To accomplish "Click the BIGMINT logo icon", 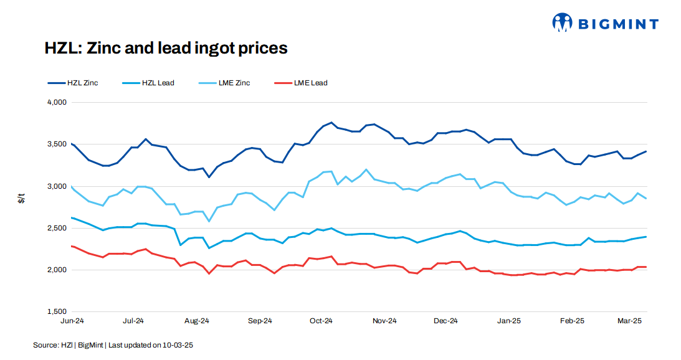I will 562,23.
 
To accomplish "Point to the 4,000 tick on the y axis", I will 57,102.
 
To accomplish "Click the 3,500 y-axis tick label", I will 57,144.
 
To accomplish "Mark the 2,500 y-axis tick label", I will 57,228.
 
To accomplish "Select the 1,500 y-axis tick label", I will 57,311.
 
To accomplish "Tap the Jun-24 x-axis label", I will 72,321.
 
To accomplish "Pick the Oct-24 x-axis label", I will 321,321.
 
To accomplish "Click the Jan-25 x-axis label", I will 508,321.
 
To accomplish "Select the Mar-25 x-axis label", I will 629,321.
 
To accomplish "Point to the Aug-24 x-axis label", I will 197,321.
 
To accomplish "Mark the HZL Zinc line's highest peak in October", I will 331,123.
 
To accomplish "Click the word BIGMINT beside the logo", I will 618,24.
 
